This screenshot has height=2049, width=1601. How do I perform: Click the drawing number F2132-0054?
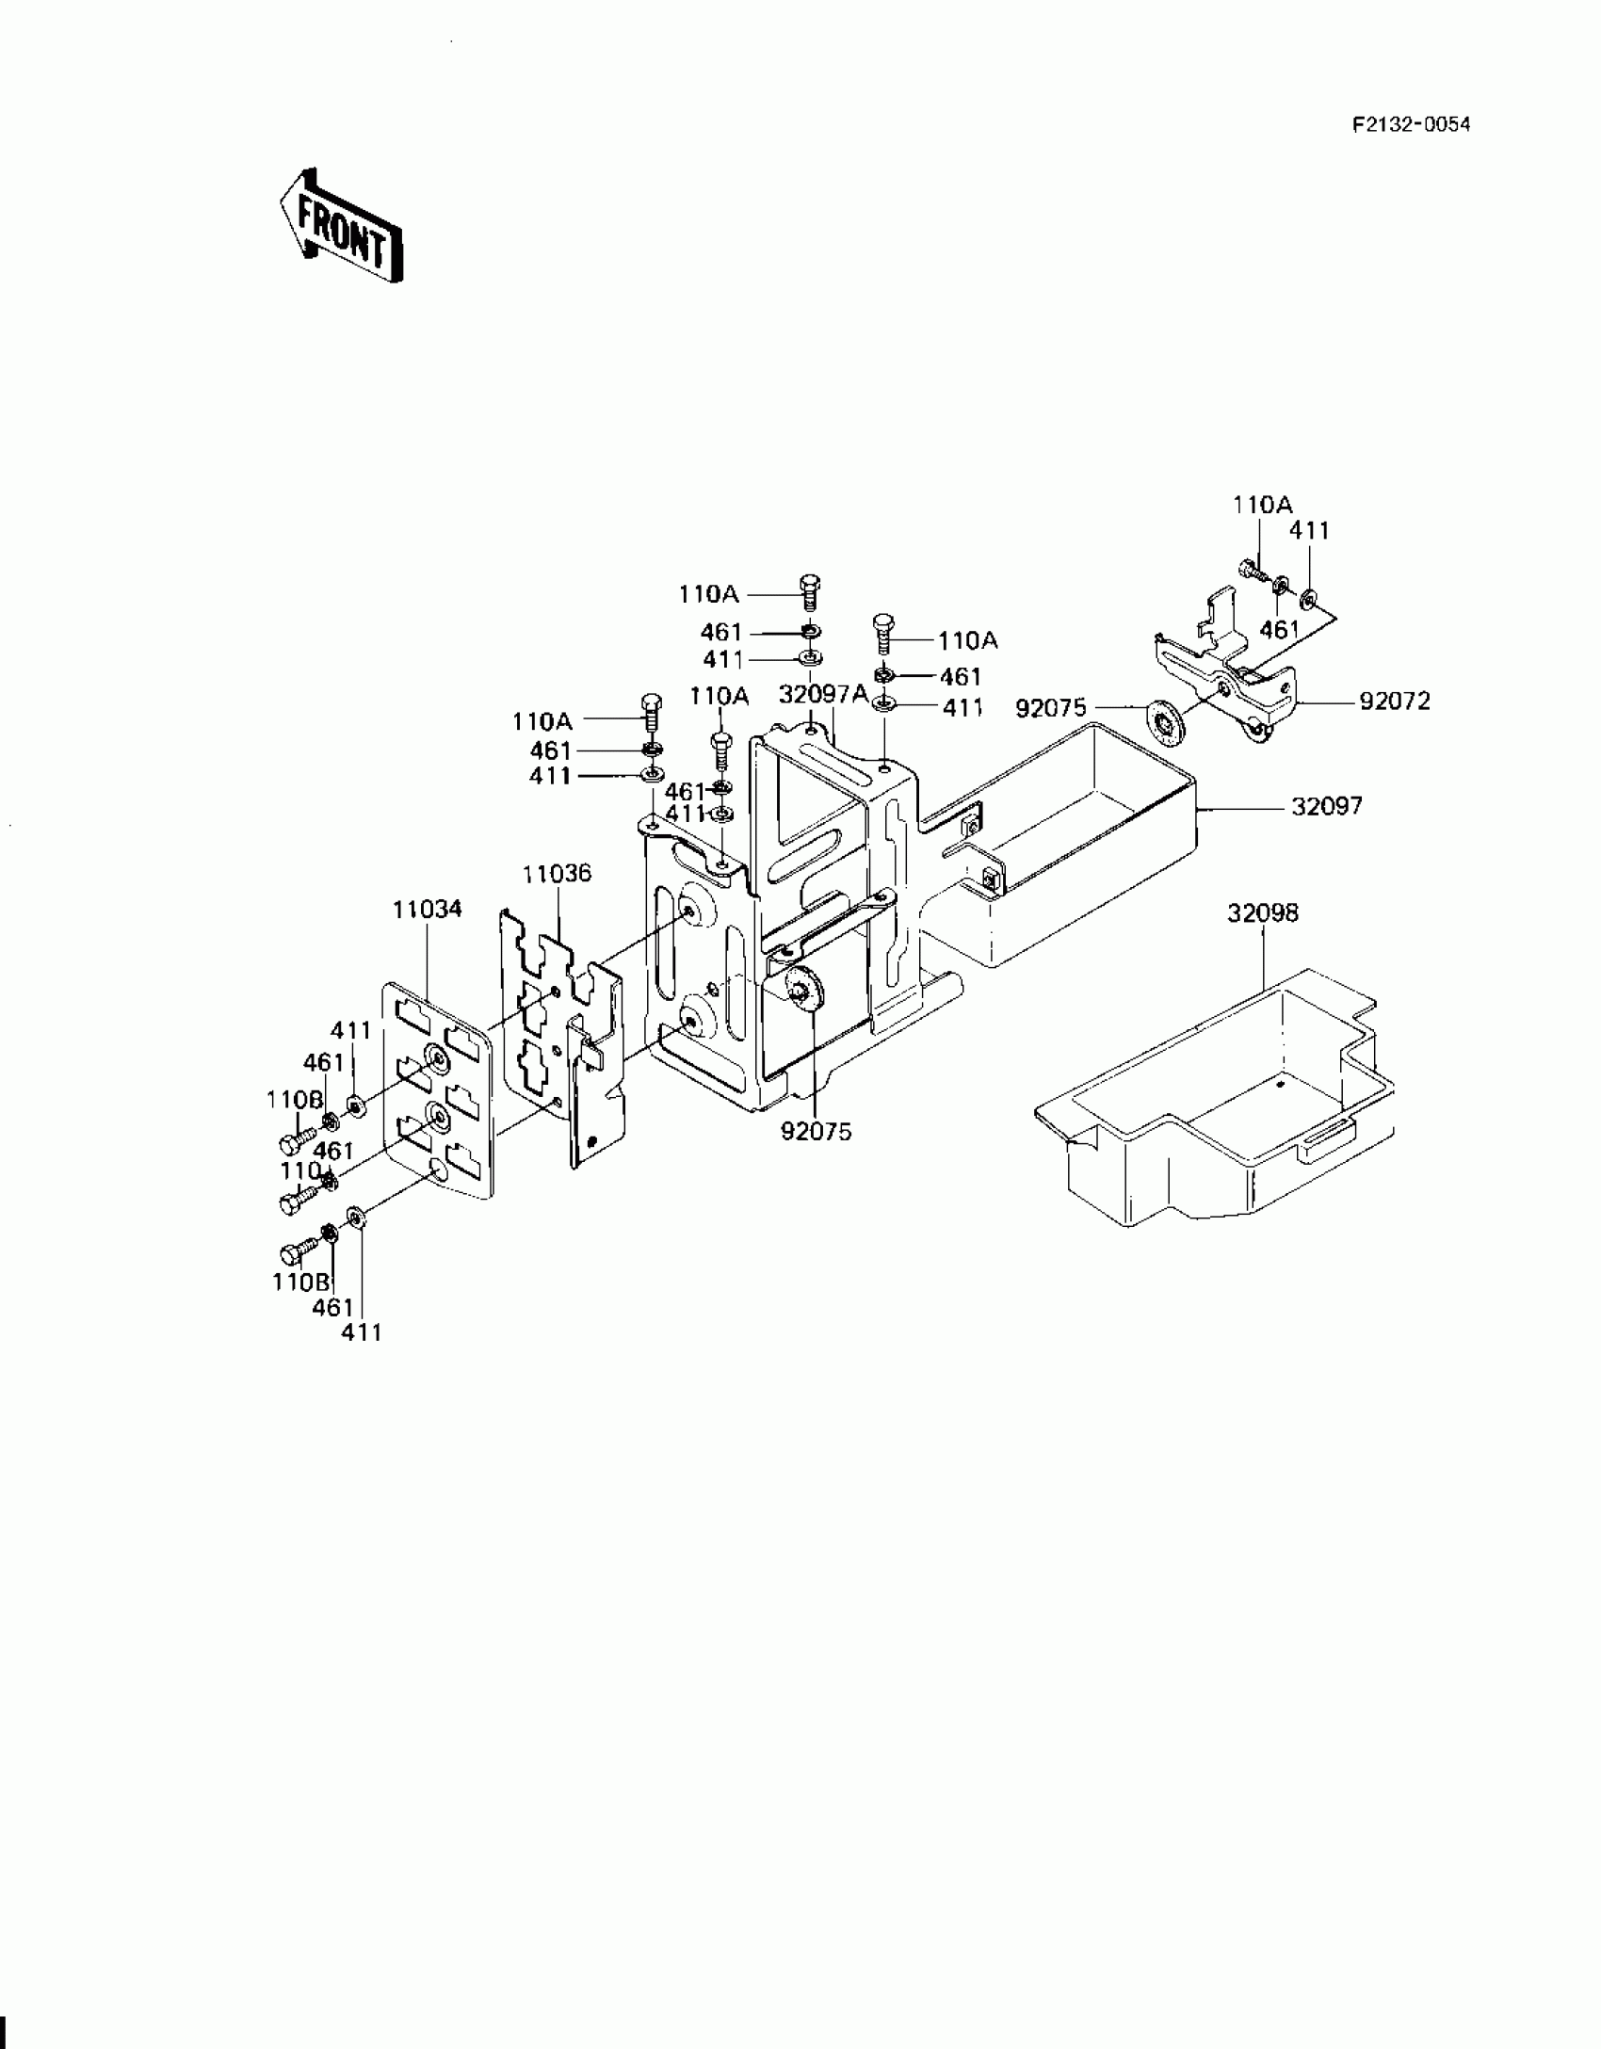(x=1411, y=125)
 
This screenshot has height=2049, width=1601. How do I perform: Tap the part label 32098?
(x=1262, y=912)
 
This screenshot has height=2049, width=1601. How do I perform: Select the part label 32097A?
(x=823, y=694)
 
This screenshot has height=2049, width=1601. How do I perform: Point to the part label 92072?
(x=1395, y=702)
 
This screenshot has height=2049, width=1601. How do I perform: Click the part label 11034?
(x=428, y=909)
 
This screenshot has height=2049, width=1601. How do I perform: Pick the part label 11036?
(x=558, y=873)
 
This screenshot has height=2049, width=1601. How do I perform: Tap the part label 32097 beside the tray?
(x=1327, y=806)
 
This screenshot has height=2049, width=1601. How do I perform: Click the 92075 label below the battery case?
(x=816, y=1132)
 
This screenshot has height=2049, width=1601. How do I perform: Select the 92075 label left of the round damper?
(x=1051, y=707)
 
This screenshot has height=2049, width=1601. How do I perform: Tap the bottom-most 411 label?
(x=362, y=1331)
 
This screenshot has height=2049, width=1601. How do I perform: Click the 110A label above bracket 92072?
(x=1263, y=505)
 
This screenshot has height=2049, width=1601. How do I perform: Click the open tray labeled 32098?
(x=1215, y=1102)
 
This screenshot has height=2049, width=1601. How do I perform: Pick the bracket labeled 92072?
(x=1224, y=678)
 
